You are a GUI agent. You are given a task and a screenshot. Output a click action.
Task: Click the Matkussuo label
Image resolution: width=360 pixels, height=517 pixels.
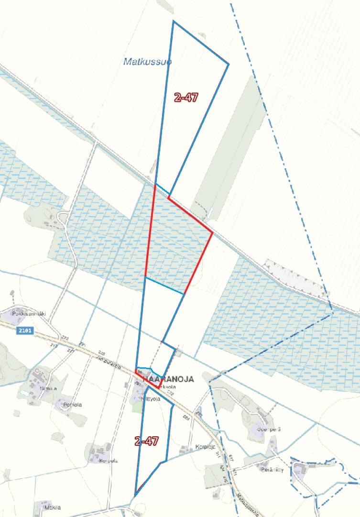click(x=147, y=62)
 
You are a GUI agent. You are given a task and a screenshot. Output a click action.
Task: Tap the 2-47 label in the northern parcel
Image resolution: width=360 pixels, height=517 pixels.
click(x=186, y=97)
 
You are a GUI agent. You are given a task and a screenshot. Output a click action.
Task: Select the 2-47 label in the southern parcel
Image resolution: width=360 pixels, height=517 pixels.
click(x=146, y=441)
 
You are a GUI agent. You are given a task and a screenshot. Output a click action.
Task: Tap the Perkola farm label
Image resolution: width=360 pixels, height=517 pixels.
click(x=73, y=405)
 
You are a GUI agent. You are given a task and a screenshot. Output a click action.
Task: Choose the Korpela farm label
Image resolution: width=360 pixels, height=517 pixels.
click(x=108, y=461)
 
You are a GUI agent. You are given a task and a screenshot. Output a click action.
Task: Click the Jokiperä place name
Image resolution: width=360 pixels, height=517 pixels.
click(x=269, y=429)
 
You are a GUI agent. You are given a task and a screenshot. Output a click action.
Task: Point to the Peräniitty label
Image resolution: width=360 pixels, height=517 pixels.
click(x=273, y=470)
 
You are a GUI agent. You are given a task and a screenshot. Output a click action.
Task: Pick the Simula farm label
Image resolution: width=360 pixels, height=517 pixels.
click(x=49, y=388)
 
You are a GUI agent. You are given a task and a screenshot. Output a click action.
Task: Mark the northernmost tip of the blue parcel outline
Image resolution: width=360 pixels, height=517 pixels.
click(x=174, y=21)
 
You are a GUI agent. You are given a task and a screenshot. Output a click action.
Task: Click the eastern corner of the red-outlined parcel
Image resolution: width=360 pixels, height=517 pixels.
click(x=212, y=233)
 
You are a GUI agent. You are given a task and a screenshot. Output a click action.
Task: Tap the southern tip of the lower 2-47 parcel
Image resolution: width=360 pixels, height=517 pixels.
click(x=136, y=494)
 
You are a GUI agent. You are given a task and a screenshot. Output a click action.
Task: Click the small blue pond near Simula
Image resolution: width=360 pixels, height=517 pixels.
click(x=22, y=393)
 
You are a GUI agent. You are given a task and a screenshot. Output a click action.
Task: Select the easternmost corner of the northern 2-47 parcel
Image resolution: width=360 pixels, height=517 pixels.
click(x=229, y=64)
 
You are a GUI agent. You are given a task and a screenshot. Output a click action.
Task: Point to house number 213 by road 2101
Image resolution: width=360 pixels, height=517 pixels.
click(x=53, y=345)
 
